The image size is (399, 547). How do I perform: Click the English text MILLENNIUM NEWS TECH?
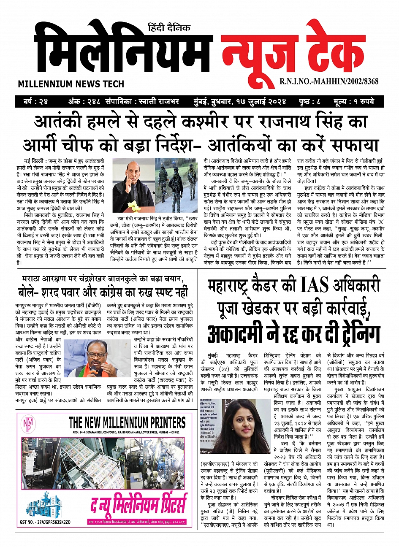click(71, 84)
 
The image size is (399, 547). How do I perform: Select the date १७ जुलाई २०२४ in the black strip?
click(261, 102)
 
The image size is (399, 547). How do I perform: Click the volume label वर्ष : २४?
click(36, 102)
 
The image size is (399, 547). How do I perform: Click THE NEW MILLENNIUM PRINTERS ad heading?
click(127, 422)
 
